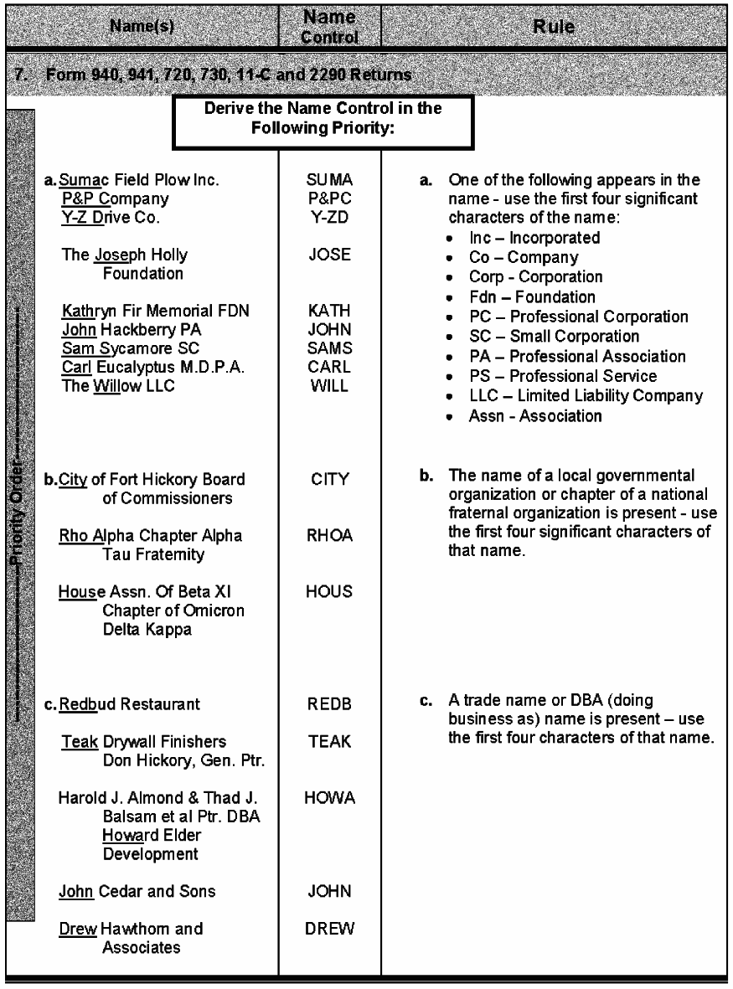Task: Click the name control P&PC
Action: (329, 198)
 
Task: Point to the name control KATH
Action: (329, 312)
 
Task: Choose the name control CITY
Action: (329, 480)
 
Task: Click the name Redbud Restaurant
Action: (131, 704)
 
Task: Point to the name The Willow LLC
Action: (118, 385)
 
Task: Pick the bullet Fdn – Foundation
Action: (532, 297)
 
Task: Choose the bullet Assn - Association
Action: (535, 415)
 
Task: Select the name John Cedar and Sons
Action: (137, 891)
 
